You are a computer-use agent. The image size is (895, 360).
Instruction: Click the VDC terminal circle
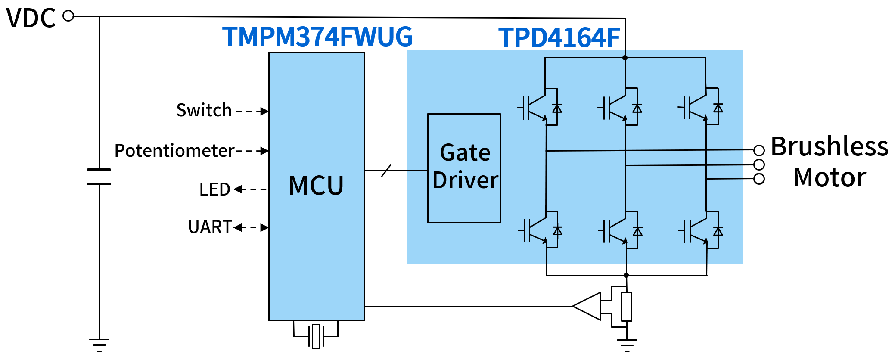click(x=68, y=16)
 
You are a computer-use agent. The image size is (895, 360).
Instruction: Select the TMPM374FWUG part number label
click(x=317, y=37)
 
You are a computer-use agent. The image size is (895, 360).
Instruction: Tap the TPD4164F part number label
click(x=559, y=37)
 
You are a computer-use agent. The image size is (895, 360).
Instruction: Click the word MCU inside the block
click(x=316, y=186)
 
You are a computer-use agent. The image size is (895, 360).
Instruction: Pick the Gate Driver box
click(x=464, y=168)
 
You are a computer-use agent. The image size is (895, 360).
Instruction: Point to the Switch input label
click(x=204, y=110)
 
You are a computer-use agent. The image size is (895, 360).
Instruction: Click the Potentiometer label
click(x=174, y=151)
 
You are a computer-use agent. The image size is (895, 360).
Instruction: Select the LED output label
click(x=214, y=189)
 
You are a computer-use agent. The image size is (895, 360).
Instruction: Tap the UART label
click(x=210, y=227)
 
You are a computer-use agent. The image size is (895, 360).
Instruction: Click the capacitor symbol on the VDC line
click(x=99, y=177)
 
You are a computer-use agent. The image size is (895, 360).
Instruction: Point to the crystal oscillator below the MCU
click(x=316, y=336)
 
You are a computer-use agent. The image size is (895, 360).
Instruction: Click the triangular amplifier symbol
click(x=587, y=306)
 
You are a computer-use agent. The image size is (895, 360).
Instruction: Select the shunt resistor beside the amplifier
click(x=627, y=306)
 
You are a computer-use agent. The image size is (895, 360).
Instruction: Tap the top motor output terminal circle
click(x=759, y=150)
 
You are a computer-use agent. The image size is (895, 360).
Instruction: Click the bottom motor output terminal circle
click(x=759, y=179)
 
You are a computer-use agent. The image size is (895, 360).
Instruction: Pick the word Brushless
click(x=829, y=146)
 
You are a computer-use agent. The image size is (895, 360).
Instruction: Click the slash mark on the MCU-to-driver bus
click(x=386, y=171)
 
